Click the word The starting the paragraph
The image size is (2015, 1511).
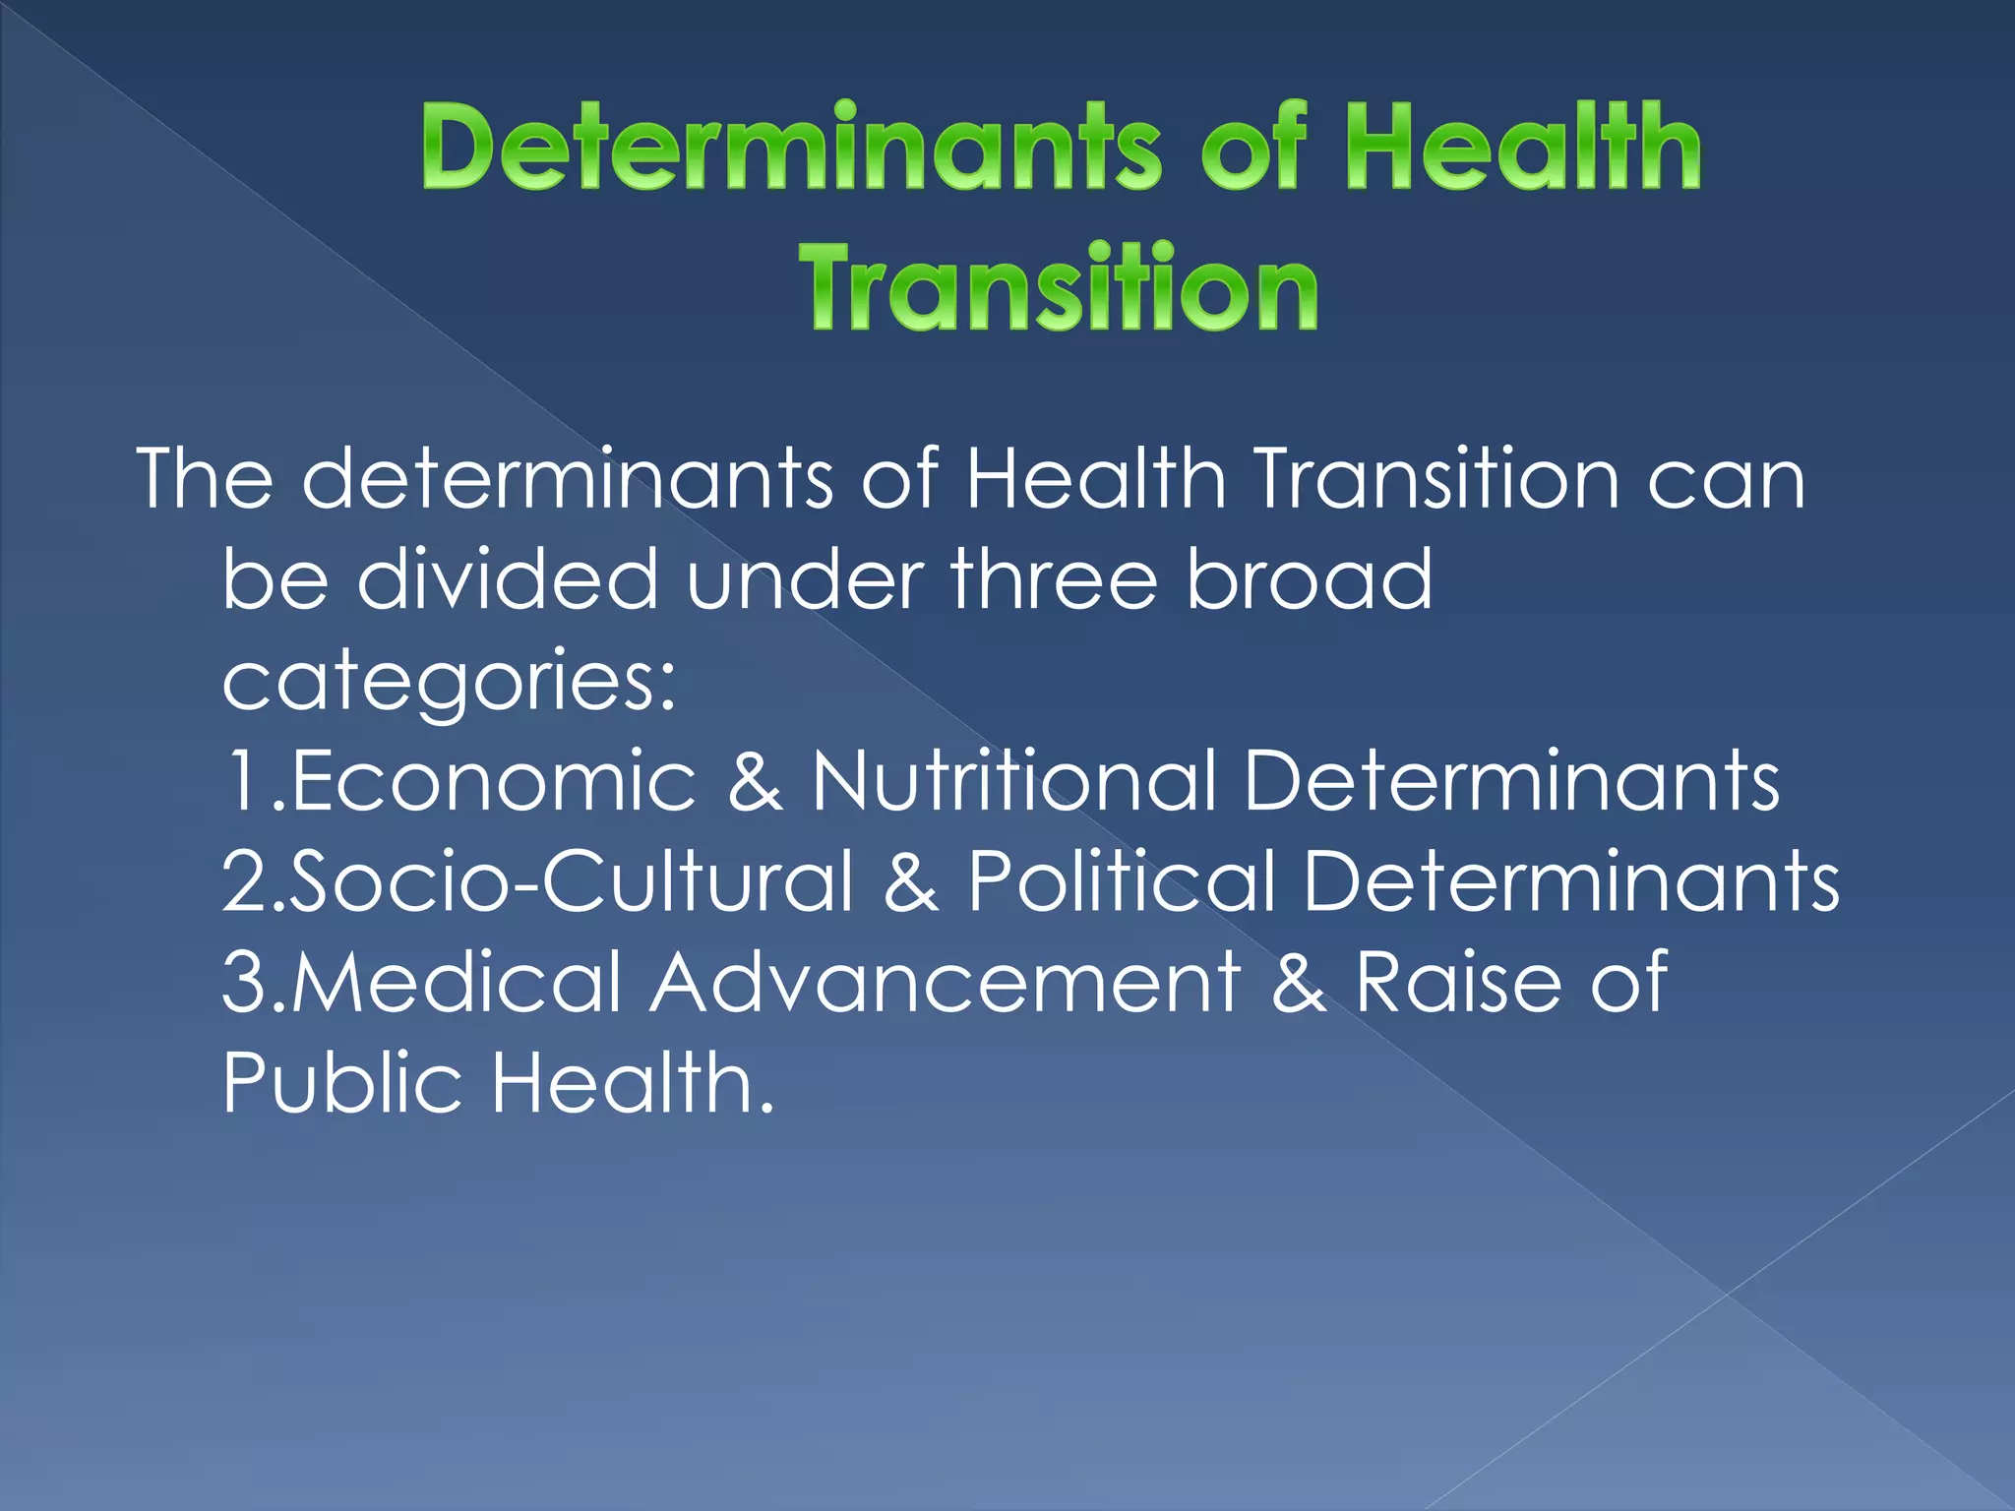pyautogui.click(x=205, y=478)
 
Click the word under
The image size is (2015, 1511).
pyautogui.click(x=804, y=578)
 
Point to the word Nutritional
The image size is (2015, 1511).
pyautogui.click(x=1013, y=781)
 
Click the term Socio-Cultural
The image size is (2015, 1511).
pyautogui.click(x=572, y=881)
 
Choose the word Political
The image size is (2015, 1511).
pyautogui.click(x=1122, y=881)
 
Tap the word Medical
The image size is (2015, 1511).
pyautogui.click(x=457, y=982)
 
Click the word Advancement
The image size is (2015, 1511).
pyautogui.click(x=945, y=982)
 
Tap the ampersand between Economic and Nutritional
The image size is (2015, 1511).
pyautogui.click(x=756, y=781)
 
